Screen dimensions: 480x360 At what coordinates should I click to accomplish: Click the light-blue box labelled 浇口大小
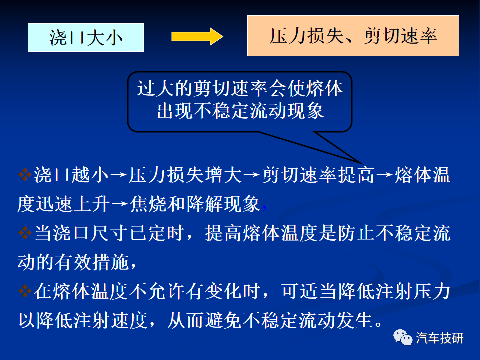click(86, 37)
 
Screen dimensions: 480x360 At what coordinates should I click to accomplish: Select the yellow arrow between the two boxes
click(197, 36)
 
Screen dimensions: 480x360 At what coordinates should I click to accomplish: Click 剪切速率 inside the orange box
click(400, 36)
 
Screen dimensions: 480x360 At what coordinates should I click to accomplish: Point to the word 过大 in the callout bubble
click(156, 89)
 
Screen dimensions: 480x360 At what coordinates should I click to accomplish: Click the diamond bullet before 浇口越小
click(25, 175)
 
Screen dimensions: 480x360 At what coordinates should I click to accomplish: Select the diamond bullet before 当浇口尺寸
click(25, 233)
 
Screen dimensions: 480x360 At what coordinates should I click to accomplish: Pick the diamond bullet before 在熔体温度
click(25, 291)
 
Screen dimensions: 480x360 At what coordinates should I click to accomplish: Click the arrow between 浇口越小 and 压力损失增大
click(119, 175)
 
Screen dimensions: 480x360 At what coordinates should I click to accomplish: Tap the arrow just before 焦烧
click(119, 204)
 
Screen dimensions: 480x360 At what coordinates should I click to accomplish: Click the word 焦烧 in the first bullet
click(148, 204)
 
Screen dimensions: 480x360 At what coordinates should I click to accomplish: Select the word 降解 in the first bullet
click(205, 204)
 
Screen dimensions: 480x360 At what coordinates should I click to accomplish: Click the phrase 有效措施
click(92, 262)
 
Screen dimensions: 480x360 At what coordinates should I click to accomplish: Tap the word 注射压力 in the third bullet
click(413, 291)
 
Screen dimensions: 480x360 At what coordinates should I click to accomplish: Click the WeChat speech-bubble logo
click(403, 338)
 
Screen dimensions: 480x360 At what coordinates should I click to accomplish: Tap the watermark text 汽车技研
click(440, 338)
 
